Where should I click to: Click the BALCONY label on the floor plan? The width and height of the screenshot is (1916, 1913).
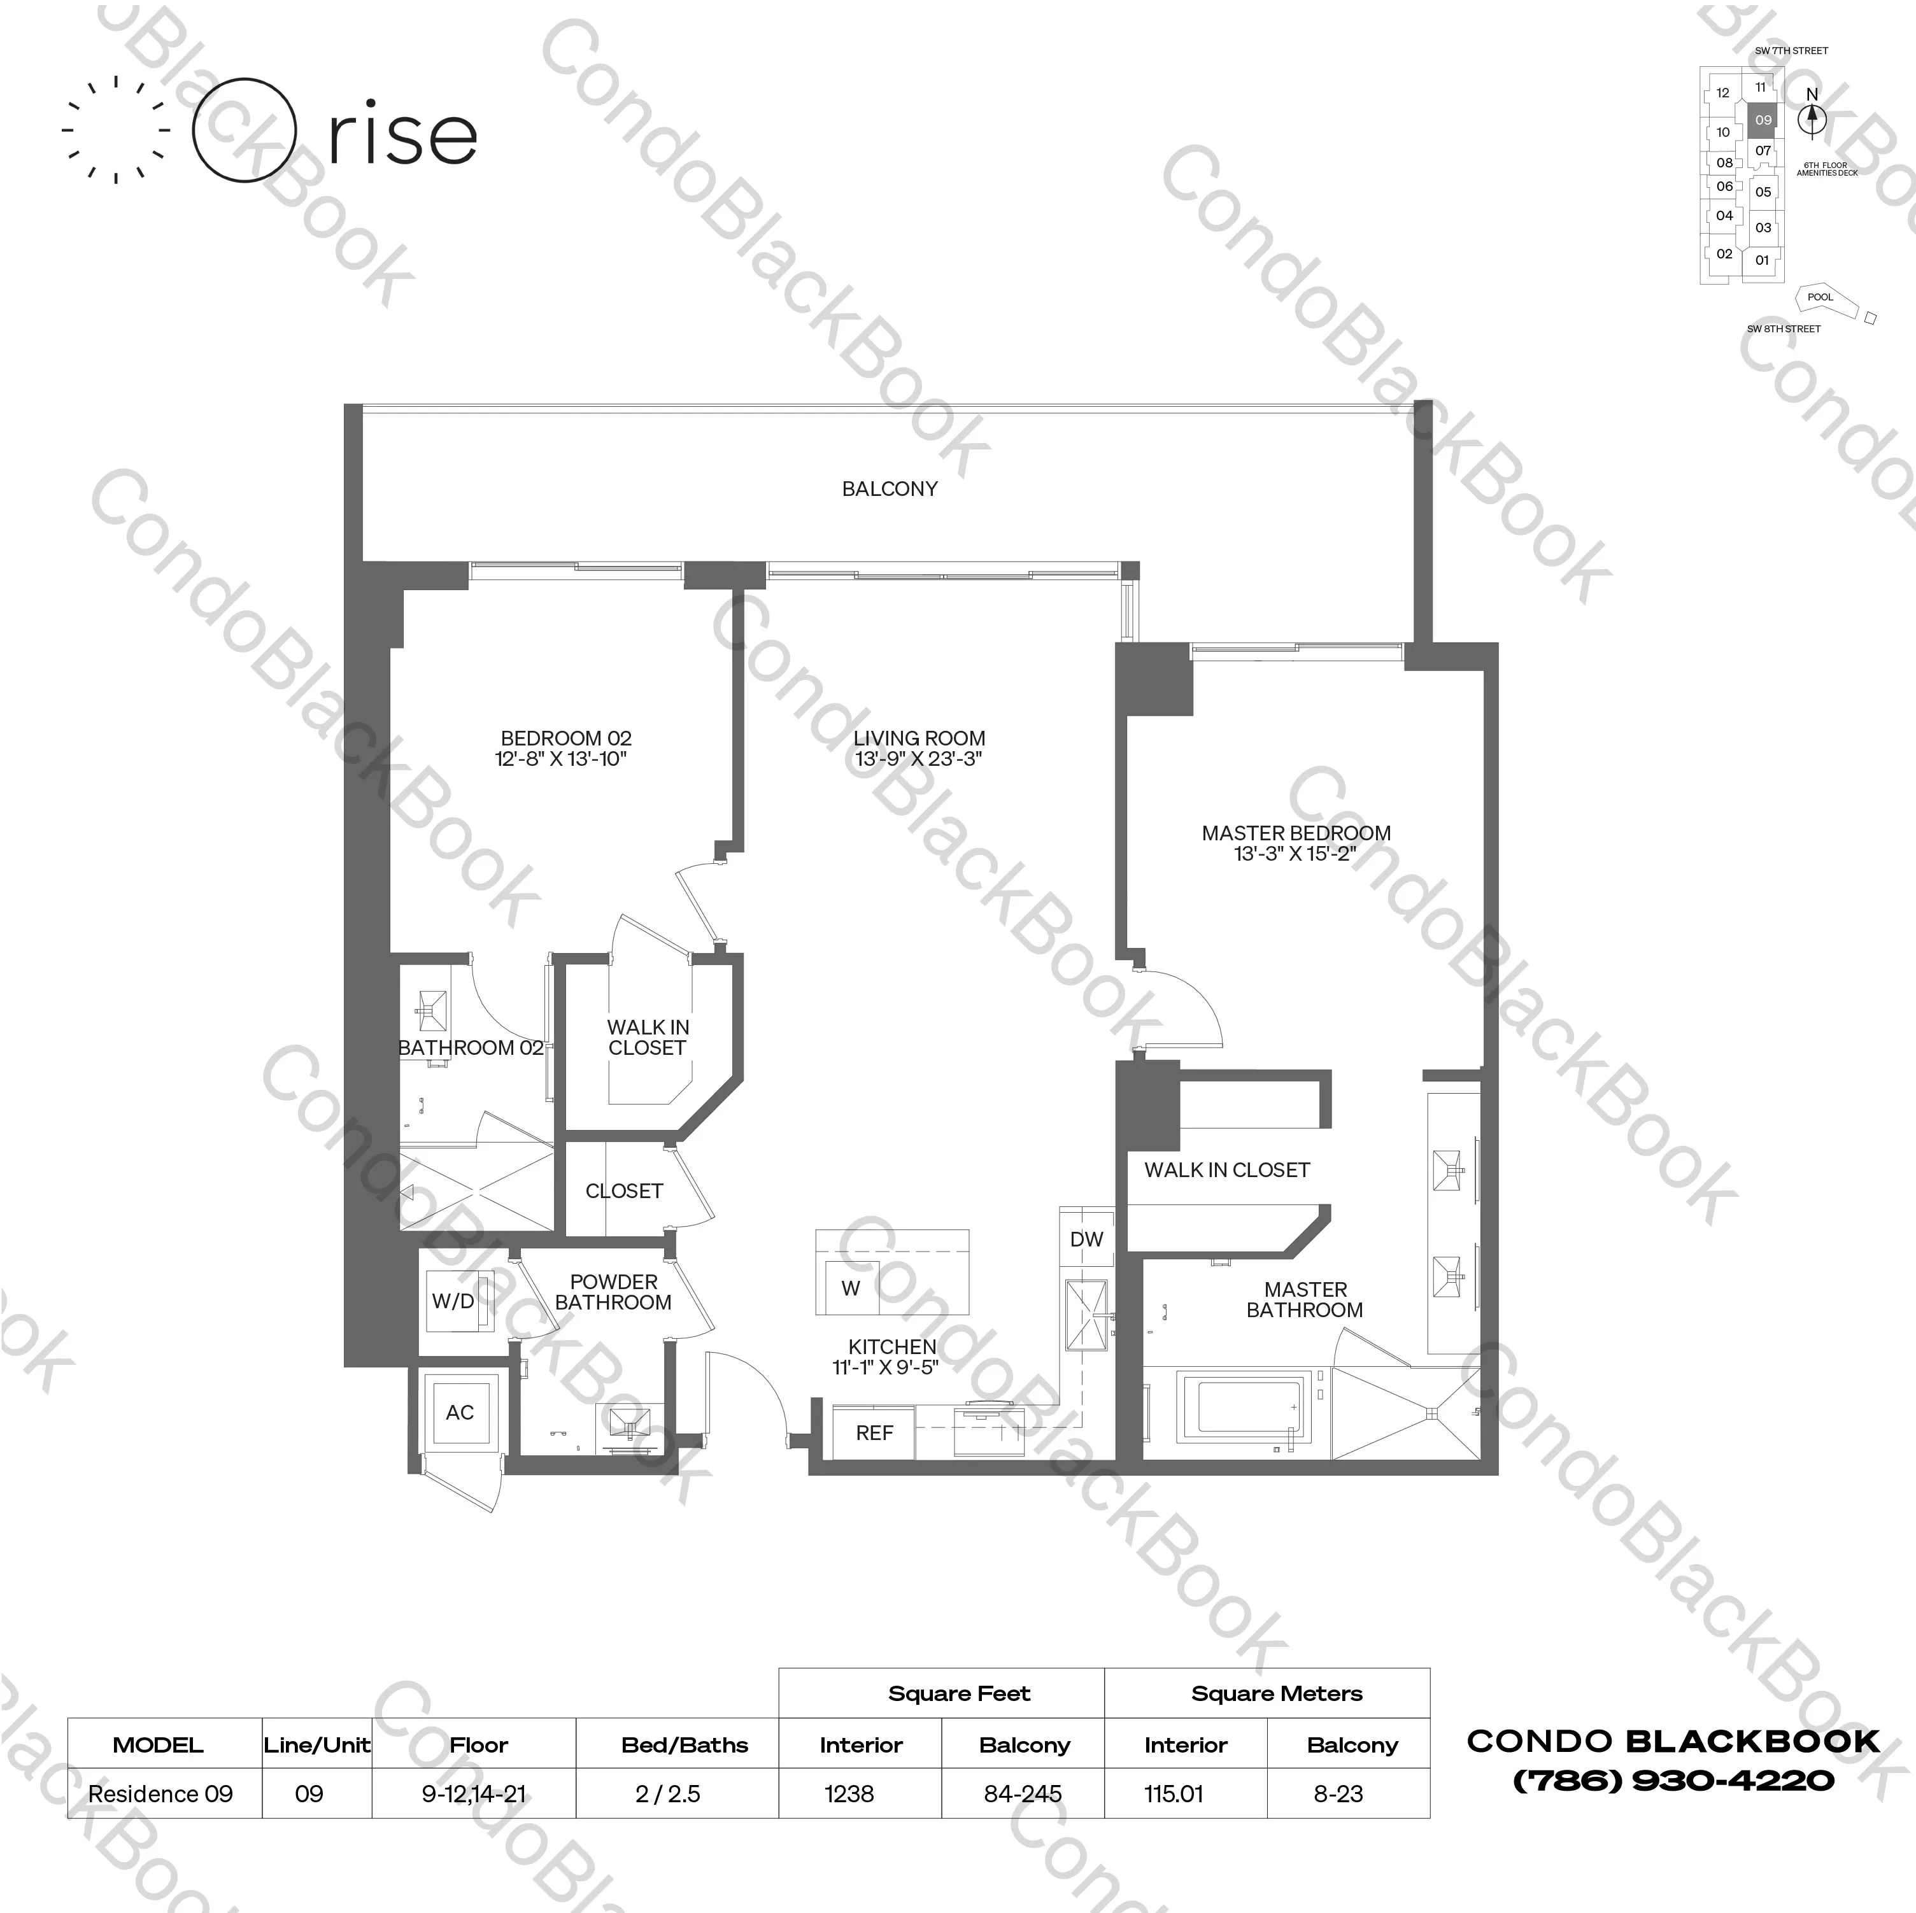click(x=890, y=489)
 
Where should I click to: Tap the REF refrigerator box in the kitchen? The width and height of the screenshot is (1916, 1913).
click(x=874, y=1433)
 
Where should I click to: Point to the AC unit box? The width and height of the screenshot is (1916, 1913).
click(x=459, y=1412)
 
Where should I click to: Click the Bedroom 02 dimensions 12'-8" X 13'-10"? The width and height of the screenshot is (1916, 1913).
click(x=562, y=759)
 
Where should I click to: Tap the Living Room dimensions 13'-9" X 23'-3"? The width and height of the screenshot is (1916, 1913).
click(x=918, y=759)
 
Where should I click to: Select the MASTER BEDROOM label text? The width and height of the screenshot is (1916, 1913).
click(x=1296, y=833)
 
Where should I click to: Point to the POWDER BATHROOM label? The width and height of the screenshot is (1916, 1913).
click(x=613, y=1292)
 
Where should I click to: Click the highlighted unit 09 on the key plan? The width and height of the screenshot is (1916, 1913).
click(x=1763, y=120)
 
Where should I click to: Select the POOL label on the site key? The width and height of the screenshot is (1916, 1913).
click(x=1820, y=297)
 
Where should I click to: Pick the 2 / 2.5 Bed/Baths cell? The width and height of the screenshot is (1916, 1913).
click(x=667, y=1794)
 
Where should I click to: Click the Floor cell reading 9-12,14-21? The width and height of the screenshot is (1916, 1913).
click(x=473, y=1794)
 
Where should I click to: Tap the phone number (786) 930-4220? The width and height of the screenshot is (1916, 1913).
click(x=1673, y=1781)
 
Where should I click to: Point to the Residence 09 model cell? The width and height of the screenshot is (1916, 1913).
click(x=160, y=1794)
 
